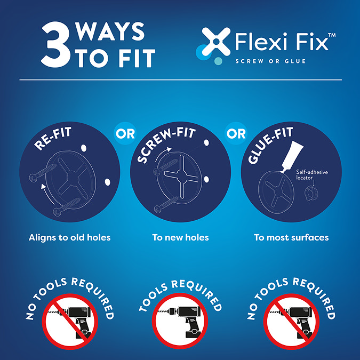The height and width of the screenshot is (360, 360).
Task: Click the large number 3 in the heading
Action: point(55,45)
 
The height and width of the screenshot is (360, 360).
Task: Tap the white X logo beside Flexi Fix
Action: point(216,42)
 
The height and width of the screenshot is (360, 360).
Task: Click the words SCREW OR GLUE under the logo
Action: point(271,61)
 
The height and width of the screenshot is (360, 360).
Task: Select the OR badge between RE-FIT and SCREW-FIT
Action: point(125,133)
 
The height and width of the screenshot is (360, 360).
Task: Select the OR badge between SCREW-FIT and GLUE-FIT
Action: point(236,133)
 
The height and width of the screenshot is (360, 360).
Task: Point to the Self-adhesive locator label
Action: point(311,175)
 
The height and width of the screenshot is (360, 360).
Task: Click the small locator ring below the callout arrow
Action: point(310,193)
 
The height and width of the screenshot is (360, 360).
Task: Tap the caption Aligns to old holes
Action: point(69,238)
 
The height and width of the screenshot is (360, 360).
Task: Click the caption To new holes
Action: point(180,238)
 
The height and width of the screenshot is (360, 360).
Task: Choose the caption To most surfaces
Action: point(291,238)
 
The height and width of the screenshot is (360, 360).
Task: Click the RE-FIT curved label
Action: point(53,139)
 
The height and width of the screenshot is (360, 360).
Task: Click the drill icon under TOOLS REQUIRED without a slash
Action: point(180,321)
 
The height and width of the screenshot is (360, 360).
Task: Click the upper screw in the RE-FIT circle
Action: point(43,173)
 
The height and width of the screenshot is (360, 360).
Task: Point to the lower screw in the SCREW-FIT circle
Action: point(166,205)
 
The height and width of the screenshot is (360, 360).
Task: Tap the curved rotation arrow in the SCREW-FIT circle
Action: point(162,153)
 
